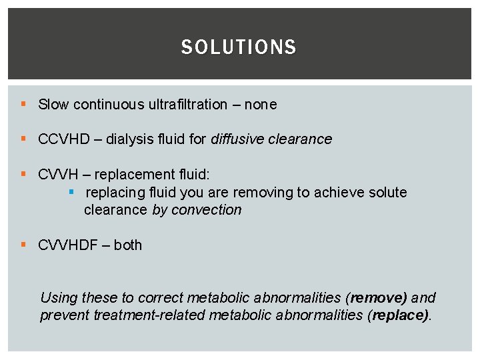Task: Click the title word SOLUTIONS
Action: (x=239, y=47)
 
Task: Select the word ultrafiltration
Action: (x=187, y=105)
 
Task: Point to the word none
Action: (x=260, y=105)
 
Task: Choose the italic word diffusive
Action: (x=237, y=139)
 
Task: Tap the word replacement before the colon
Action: (x=131, y=175)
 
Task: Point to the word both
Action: (x=128, y=245)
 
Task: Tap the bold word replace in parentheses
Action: (x=400, y=315)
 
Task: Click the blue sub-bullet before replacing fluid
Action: (x=73, y=193)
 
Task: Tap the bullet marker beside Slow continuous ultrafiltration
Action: (x=23, y=105)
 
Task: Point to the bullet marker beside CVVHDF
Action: (x=23, y=245)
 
